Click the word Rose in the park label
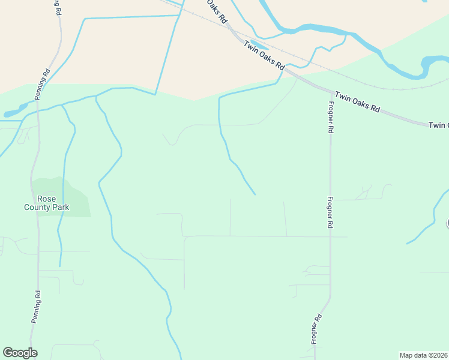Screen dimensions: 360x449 pyautogui.click(x=46, y=199)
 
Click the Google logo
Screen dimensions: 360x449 pyautogui.click(x=20, y=353)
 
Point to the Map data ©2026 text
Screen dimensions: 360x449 pyautogui.click(x=423, y=355)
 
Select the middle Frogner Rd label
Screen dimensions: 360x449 pyautogui.click(x=330, y=212)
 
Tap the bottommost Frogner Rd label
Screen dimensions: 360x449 pyautogui.click(x=316, y=329)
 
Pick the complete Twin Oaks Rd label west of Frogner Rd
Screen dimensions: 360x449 pyautogui.click(x=264, y=56)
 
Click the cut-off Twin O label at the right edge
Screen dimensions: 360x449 pyautogui.click(x=439, y=125)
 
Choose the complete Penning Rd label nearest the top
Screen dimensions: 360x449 pyautogui.click(x=41, y=85)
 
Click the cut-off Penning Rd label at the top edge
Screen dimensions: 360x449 pyautogui.click(x=58, y=7)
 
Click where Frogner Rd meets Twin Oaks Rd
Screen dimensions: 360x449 pyautogui.click(x=331, y=92)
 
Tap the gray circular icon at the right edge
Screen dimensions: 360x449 pyautogui.click(x=447, y=224)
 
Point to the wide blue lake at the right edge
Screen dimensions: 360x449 pyautogui.click(x=436, y=61)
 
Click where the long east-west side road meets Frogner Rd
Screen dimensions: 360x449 pyautogui.click(x=330, y=236)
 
